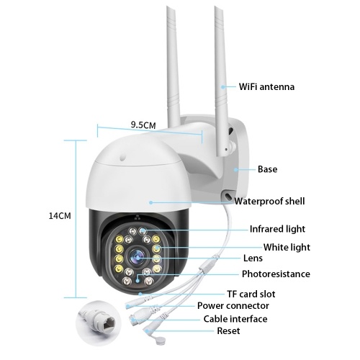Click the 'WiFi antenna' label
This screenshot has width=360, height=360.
pyautogui.click(x=266, y=86)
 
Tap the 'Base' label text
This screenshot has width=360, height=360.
pyautogui.click(x=267, y=169)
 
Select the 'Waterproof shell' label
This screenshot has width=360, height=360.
pyautogui.click(x=269, y=201)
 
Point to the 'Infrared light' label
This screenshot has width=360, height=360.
pyautogui.click(x=277, y=229)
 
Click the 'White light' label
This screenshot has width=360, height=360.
pyautogui.click(x=287, y=247)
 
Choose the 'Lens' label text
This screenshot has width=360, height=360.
pyautogui.click(x=253, y=258)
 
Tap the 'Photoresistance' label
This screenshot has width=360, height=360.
pyautogui.click(x=276, y=274)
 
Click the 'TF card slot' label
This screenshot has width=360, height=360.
pyautogui.click(x=251, y=294)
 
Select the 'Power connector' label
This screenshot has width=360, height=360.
pyautogui.click(x=233, y=306)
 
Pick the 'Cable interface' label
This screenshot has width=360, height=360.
pyautogui.click(x=235, y=319)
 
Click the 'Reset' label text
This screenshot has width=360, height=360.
pyautogui.click(x=228, y=331)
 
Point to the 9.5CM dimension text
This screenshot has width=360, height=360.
pyautogui.click(x=143, y=125)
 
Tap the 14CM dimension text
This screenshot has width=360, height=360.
pyautogui.click(x=60, y=216)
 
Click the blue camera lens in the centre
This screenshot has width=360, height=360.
pyautogui.click(x=137, y=257)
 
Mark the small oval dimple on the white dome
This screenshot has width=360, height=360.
pyautogui.click(x=122, y=157)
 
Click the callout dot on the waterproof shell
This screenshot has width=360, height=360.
pyautogui.click(x=150, y=202)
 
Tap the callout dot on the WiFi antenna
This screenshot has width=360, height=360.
pyautogui.click(x=223, y=87)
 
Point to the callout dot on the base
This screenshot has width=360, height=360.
pyautogui.click(x=236, y=170)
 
